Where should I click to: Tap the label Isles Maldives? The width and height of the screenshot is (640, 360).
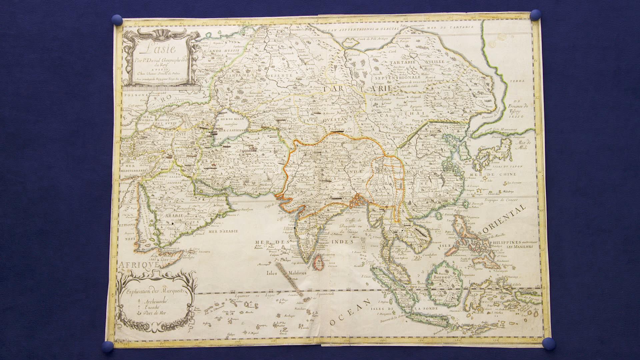click(x=287, y=273)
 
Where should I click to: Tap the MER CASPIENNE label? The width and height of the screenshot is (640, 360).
click(x=230, y=130)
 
